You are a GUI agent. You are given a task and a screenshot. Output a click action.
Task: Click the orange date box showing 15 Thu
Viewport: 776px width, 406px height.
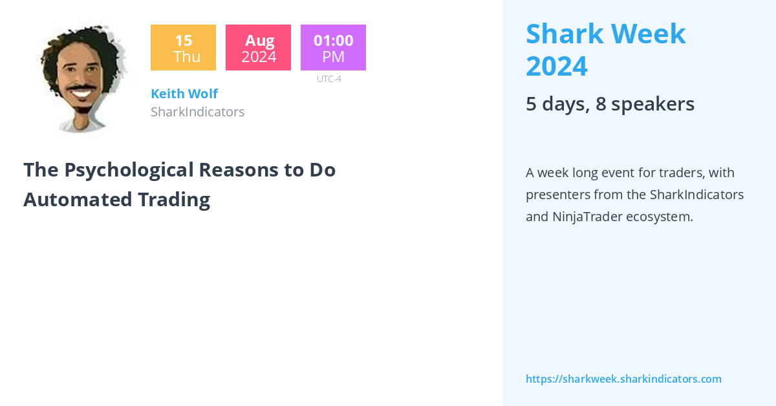[x=183, y=48]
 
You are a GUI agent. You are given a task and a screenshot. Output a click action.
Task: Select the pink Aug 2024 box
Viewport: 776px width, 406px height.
[x=258, y=48]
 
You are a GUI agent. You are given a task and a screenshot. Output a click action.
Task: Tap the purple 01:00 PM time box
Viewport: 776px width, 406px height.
[x=333, y=48]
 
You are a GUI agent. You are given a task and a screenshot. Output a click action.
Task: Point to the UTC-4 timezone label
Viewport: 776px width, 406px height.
[x=329, y=79]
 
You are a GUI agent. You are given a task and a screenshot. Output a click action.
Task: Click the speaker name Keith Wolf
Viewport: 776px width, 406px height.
[x=184, y=94]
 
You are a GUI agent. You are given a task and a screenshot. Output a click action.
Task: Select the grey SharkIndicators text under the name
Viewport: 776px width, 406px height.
[x=197, y=112]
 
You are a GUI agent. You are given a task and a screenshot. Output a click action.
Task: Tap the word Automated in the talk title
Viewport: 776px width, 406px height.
[x=69, y=199]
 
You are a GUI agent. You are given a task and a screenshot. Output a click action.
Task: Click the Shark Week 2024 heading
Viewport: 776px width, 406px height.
[x=605, y=50]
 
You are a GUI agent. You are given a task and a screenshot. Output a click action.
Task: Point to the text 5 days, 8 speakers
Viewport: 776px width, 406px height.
[x=610, y=104]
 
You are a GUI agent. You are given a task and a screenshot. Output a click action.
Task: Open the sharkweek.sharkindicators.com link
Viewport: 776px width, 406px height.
[x=623, y=379]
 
